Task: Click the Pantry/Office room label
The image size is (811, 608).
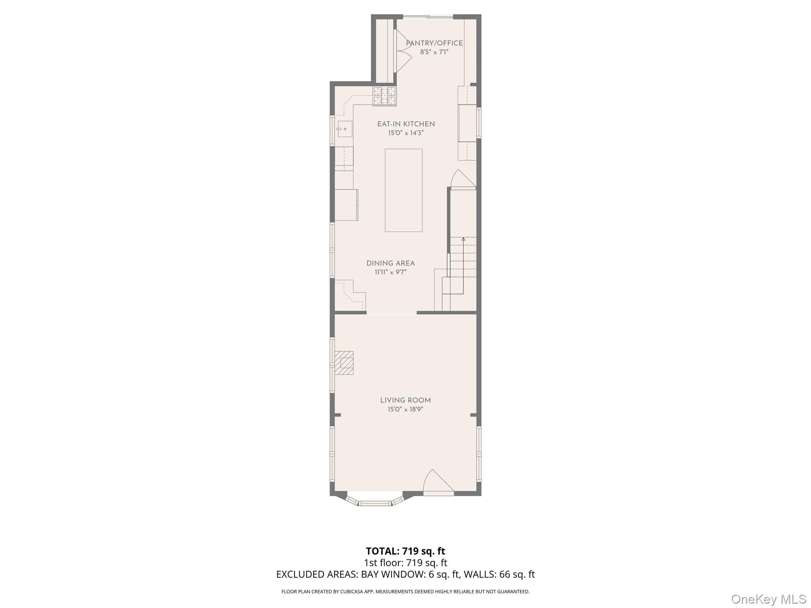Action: click(434, 43)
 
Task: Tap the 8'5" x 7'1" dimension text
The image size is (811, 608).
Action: click(434, 52)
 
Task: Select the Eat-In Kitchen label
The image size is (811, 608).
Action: click(406, 124)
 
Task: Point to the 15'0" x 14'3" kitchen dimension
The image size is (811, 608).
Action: click(406, 133)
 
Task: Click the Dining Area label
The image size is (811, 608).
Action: click(390, 263)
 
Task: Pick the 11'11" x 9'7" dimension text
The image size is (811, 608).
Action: click(390, 272)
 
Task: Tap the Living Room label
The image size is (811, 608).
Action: click(405, 400)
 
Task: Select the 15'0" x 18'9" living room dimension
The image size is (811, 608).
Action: click(405, 409)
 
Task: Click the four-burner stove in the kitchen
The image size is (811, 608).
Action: click(385, 96)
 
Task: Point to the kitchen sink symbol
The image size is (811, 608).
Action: click(345, 129)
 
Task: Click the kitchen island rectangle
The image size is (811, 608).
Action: click(404, 190)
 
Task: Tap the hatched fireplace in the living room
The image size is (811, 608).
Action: click(344, 363)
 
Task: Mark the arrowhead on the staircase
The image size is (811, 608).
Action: click(463, 239)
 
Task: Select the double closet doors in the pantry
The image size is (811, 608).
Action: click(403, 51)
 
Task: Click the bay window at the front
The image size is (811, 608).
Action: click(375, 500)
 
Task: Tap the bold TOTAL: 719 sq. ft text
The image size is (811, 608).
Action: click(405, 551)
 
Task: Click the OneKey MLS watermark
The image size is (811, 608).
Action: click(769, 599)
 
